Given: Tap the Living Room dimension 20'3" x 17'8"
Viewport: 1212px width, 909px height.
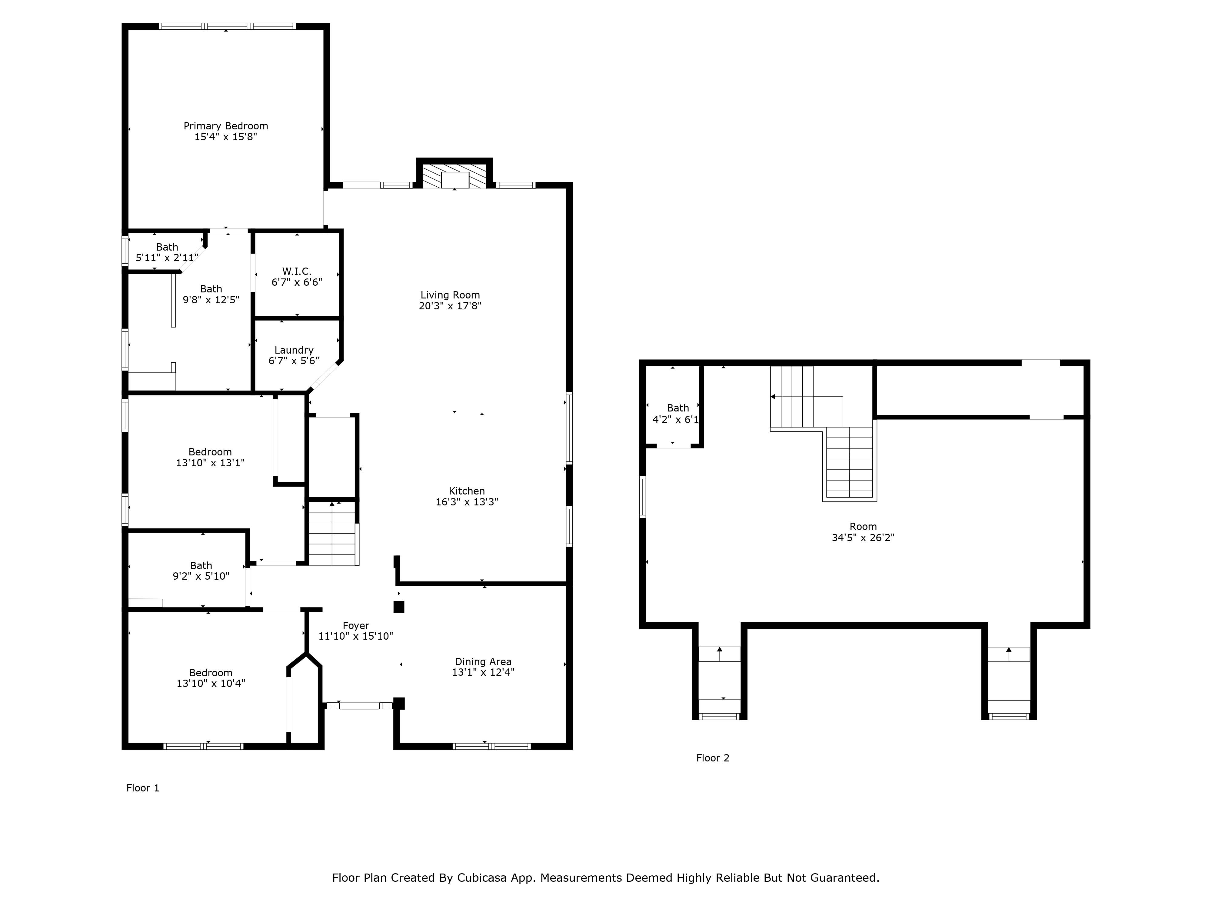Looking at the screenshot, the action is (x=450, y=306).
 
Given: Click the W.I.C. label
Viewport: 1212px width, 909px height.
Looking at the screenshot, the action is (x=297, y=271).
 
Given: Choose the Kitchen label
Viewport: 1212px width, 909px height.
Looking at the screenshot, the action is (x=467, y=491).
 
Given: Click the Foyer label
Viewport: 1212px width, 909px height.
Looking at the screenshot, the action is (x=356, y=625).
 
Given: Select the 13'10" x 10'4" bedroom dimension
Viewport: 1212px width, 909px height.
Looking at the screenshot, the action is (x=211, y=683).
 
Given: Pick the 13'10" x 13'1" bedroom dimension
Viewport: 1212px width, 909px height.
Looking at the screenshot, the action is (x=210, y=462).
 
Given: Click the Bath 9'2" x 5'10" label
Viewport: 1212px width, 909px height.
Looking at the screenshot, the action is (x=201, y=570).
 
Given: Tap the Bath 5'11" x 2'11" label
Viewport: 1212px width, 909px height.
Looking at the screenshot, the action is (x=167, y=252).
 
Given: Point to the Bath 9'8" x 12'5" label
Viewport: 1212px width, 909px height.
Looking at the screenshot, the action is (x=211, y=294).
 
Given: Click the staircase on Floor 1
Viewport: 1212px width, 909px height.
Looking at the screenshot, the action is (x=333, y=533).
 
